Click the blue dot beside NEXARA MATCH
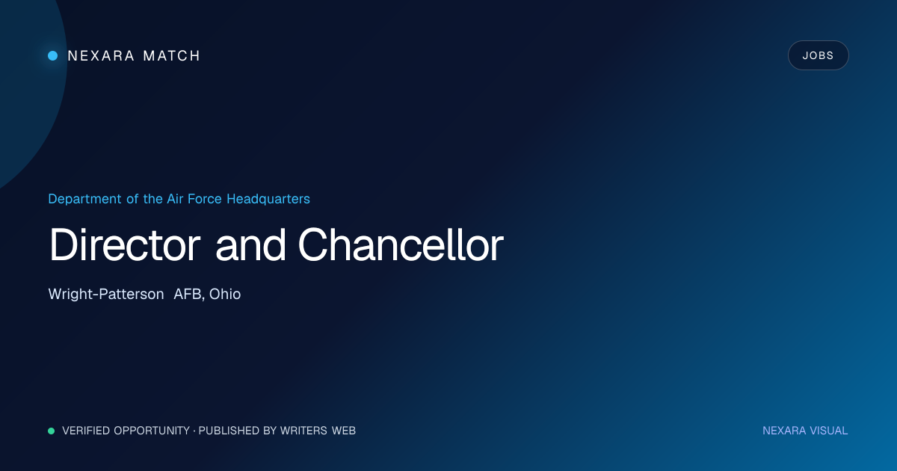pos(53,55)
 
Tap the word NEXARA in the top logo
pos(101,55)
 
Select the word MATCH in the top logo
pos(171,55)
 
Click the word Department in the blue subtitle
pos(84,199)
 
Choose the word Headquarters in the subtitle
pos(268,199)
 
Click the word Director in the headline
pos(124,244)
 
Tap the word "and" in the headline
pos(250,244)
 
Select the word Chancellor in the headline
pos(401,244)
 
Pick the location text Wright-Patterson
pos(106,295)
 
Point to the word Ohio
pos(225,294)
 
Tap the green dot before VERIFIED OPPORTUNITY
pos(52,431)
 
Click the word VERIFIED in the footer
pos(86,431)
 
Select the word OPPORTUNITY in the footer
pos(152,431)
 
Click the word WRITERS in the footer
pos(303,431)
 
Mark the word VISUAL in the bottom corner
pos(828,431)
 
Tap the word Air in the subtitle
pos(175,199)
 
